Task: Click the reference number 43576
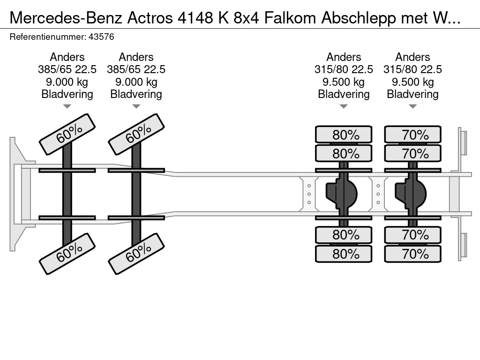[x=101, y=37]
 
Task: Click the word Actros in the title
[x=150, y=18]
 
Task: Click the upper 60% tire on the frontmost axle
[x=67, y=135]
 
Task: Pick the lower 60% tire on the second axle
[x=136, y=254]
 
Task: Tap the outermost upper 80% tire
[x=344, y=135]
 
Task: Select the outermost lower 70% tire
[x=413, y=254]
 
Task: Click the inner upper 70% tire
[x=413, y=153]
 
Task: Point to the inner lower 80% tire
[x=344, y=235]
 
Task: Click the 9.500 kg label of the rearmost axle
[x=413, y=82]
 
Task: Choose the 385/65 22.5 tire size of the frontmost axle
[x=67, y=69]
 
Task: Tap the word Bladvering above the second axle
[x=136, y=94]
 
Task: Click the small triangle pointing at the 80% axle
[x=344, y=106]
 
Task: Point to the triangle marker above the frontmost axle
[x=67, y=106]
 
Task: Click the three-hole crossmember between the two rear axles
[x=378, y=194]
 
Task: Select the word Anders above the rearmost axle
[x=412, y=57]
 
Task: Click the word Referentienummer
[x=48, y=37]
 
